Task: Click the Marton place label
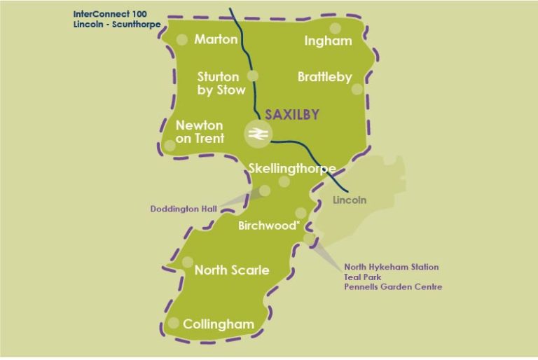pos(216,39)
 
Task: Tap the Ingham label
pos(328,41)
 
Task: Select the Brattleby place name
pos(324,77)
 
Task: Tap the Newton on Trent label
pos(200,132)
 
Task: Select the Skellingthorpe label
pos(292,168)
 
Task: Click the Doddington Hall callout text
pos(184,209)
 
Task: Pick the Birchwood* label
pos(269,226)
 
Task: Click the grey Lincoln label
pos(350,200)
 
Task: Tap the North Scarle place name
pos(231,270)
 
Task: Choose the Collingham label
pos(218,324)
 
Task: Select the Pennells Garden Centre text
pos(393,287)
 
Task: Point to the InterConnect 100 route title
pos(112,14)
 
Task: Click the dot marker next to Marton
pos(182,40)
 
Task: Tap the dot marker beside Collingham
pos(173,324)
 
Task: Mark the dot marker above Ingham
pos(336,28)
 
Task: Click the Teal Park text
pos(361,277)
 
